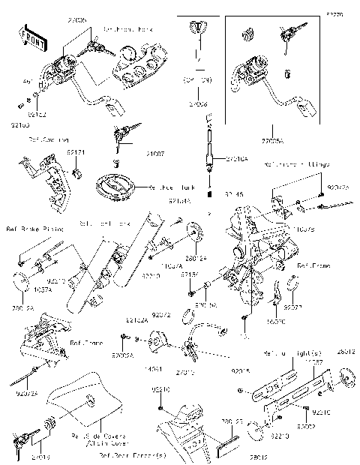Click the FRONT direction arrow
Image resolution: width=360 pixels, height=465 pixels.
(x=29, y=37)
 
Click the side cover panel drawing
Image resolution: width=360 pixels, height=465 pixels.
(x=82, y=405)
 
